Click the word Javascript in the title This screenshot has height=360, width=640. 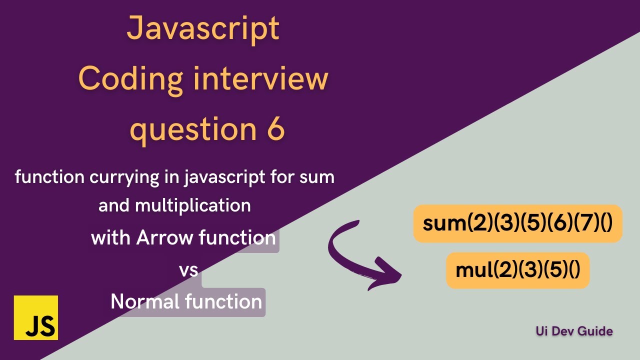(202, 28)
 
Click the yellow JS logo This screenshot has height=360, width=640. (36, 317)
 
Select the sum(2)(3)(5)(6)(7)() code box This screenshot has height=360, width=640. (517, 223)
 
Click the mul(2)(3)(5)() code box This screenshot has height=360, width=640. (517, 270)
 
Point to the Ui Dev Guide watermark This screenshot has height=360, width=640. (574, 330)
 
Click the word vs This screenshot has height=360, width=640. (188, 270)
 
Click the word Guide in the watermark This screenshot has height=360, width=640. (596, 330)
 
